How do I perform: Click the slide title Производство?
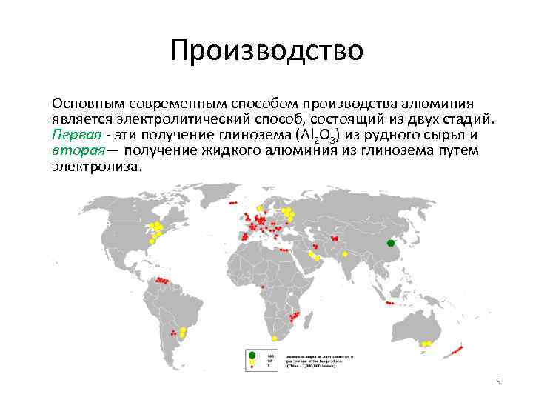coord(266,52)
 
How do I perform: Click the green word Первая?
coord(73,136)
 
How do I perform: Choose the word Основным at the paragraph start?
coord(84,103)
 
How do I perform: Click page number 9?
coord(498,381)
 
